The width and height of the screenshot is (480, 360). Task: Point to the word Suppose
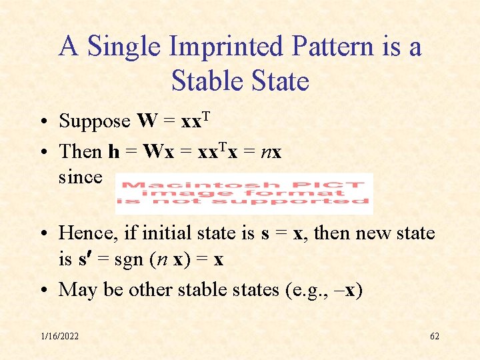[x=95, y=121]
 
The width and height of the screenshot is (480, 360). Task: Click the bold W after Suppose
[x=147, y=121]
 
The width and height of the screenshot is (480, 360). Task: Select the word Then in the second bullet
[x=81, y=151]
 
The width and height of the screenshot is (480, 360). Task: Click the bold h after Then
[x=114, y=151]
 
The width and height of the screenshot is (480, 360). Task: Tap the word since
[x=80, y=177]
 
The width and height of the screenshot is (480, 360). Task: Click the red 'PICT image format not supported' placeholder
[x=243, y=193]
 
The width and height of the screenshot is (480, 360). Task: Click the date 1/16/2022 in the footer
[x=59, y=336]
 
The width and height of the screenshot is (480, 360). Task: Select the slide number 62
[x=434, y=336]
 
